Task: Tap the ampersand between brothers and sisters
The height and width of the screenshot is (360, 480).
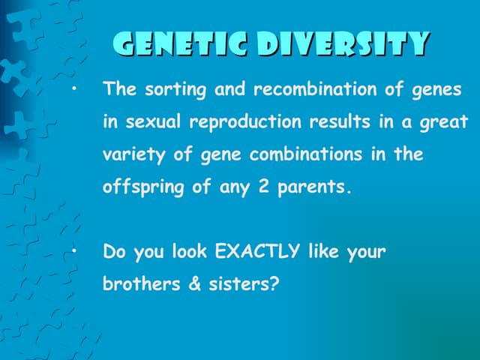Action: pyautogui.click(x=193, y=284)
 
